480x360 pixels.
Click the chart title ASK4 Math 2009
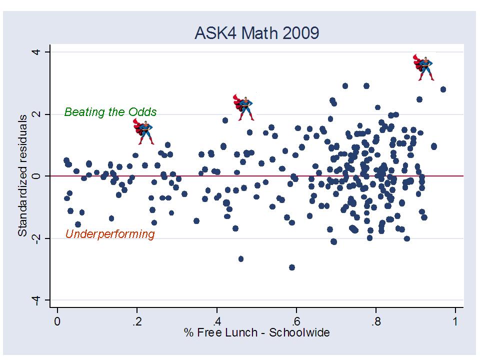click(x=256, y=33)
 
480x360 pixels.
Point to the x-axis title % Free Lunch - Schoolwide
click(x=257, y=332)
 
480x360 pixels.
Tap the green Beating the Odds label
click(x=110, y=112)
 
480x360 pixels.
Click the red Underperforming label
click(x=110, y=234)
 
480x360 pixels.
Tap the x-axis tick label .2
click(x=136, y=320)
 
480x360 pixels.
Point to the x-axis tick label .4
click(x=216, y=320)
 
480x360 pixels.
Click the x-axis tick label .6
click(x=296, y=320)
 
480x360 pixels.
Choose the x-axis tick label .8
click(x=376, y=320)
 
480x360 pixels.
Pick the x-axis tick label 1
click(x=455, y=320)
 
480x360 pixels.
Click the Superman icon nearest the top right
click(x=424, y=68)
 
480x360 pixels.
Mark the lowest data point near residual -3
click(x=292, y=267)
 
